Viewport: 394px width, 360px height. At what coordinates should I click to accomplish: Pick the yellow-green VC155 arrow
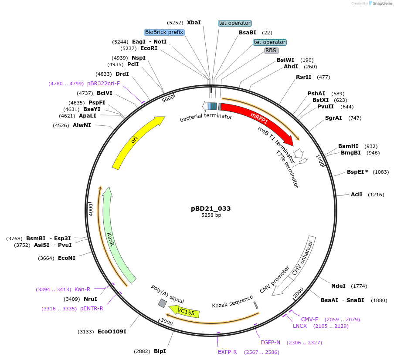[x=185, y=312]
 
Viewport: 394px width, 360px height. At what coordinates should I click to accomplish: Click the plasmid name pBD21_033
[x=211, y=209]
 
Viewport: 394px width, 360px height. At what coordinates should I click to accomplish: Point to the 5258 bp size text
[x=211, y=215]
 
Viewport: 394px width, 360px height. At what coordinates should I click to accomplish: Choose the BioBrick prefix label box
[x=164, y=32]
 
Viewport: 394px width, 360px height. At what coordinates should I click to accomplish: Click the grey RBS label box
[x=271, y=50]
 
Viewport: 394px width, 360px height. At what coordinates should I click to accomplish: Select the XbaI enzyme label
[x=194, y=22]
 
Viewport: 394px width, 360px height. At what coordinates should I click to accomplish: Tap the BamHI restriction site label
[x=348, y=146]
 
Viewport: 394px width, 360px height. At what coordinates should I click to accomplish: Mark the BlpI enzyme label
[x=160, y=351]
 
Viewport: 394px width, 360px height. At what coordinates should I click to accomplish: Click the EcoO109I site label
[x=112, y=332]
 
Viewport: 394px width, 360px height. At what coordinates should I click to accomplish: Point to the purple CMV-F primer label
[x=310, y=319]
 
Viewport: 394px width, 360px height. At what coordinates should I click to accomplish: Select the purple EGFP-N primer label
[x=270, y=343]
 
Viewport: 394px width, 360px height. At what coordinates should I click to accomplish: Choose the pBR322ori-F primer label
[x=103, y=83]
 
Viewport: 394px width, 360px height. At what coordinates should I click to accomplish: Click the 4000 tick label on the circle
[x=91, y=209]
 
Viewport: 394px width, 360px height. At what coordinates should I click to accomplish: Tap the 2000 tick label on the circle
[x=299, y=293]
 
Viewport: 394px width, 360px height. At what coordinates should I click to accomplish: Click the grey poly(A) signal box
[x=162, y=303]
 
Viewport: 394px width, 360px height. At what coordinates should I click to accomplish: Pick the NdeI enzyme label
[x=338, y=286]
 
